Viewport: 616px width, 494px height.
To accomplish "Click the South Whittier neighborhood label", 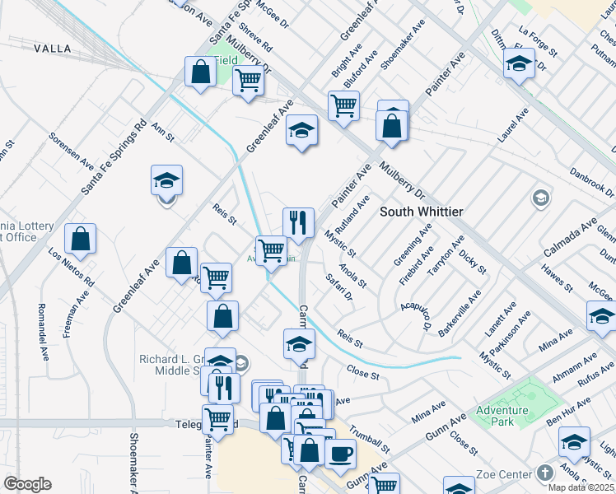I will [x=421, y=212].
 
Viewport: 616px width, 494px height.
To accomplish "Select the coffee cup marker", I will [x=339, y=454].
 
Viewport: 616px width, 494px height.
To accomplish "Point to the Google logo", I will [x=27, y=484].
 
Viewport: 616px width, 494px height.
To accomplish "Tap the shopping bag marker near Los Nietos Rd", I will [x=81, y=240].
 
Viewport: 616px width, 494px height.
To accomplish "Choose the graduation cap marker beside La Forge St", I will [x=519, y=63].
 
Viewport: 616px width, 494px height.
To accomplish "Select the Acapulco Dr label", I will [x=417, y=316].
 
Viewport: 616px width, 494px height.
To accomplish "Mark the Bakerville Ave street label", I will [x=460, y=314].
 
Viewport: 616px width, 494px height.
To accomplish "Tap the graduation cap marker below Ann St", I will [x=166, y=183].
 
